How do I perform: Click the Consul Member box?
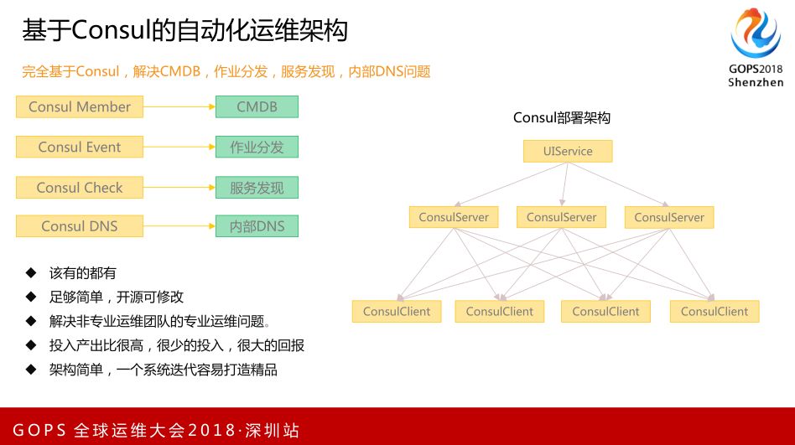(80, 106)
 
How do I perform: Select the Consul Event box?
(80, 147)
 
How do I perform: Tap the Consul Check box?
(80, 188)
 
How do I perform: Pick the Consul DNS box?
(80, 226)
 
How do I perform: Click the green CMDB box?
(257, 106)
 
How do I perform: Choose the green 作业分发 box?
(257, 147)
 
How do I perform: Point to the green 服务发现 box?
(257, 188)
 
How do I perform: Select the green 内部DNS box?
(257, 226)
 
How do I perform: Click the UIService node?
(568, 152)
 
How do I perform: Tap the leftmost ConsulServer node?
(454, 217)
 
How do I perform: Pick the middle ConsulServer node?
(561, 217)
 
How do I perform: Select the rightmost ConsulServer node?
(669, 217)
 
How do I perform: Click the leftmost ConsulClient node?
(397, 312)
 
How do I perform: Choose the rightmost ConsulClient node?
(714, 312)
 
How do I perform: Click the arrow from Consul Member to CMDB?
(179, 107)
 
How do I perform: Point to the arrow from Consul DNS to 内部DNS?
(179, 226)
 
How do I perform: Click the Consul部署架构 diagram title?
(562, 118)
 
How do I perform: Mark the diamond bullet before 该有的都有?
(31, 272)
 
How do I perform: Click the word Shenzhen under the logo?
(756, 82)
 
